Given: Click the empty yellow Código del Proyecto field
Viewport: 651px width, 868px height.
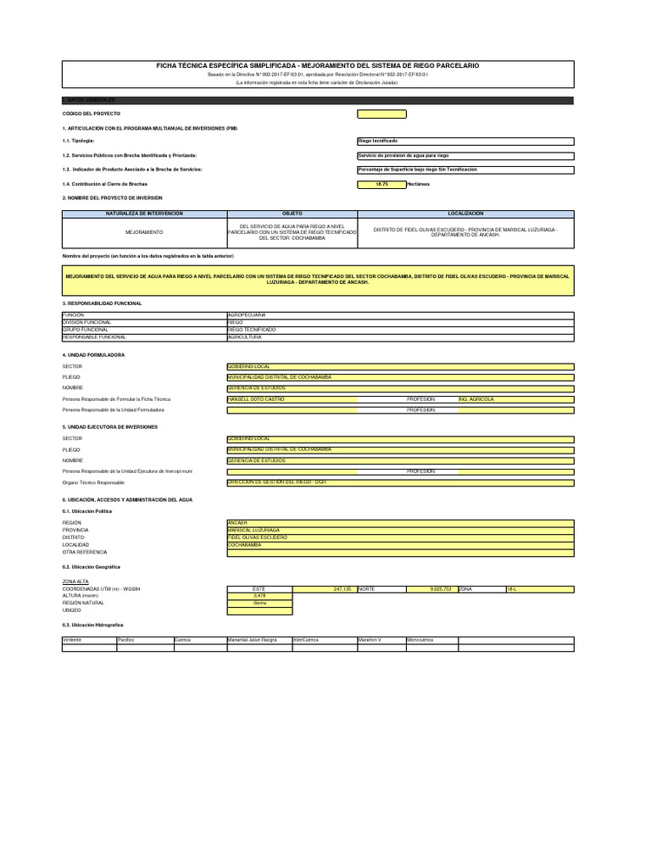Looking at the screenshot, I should coord(381,114).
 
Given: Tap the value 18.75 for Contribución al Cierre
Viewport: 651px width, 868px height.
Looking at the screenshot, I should coord(381,184).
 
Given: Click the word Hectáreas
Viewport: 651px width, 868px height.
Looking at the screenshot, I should coord(419,184).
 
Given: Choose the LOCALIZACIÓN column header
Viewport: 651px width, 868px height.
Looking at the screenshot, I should coord(466,214).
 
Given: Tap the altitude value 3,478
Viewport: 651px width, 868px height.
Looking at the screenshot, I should coord(259,596).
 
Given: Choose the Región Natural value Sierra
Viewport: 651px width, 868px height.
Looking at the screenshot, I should coord(259,603).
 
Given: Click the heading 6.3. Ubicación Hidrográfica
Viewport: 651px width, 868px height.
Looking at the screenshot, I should coord(93,625).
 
